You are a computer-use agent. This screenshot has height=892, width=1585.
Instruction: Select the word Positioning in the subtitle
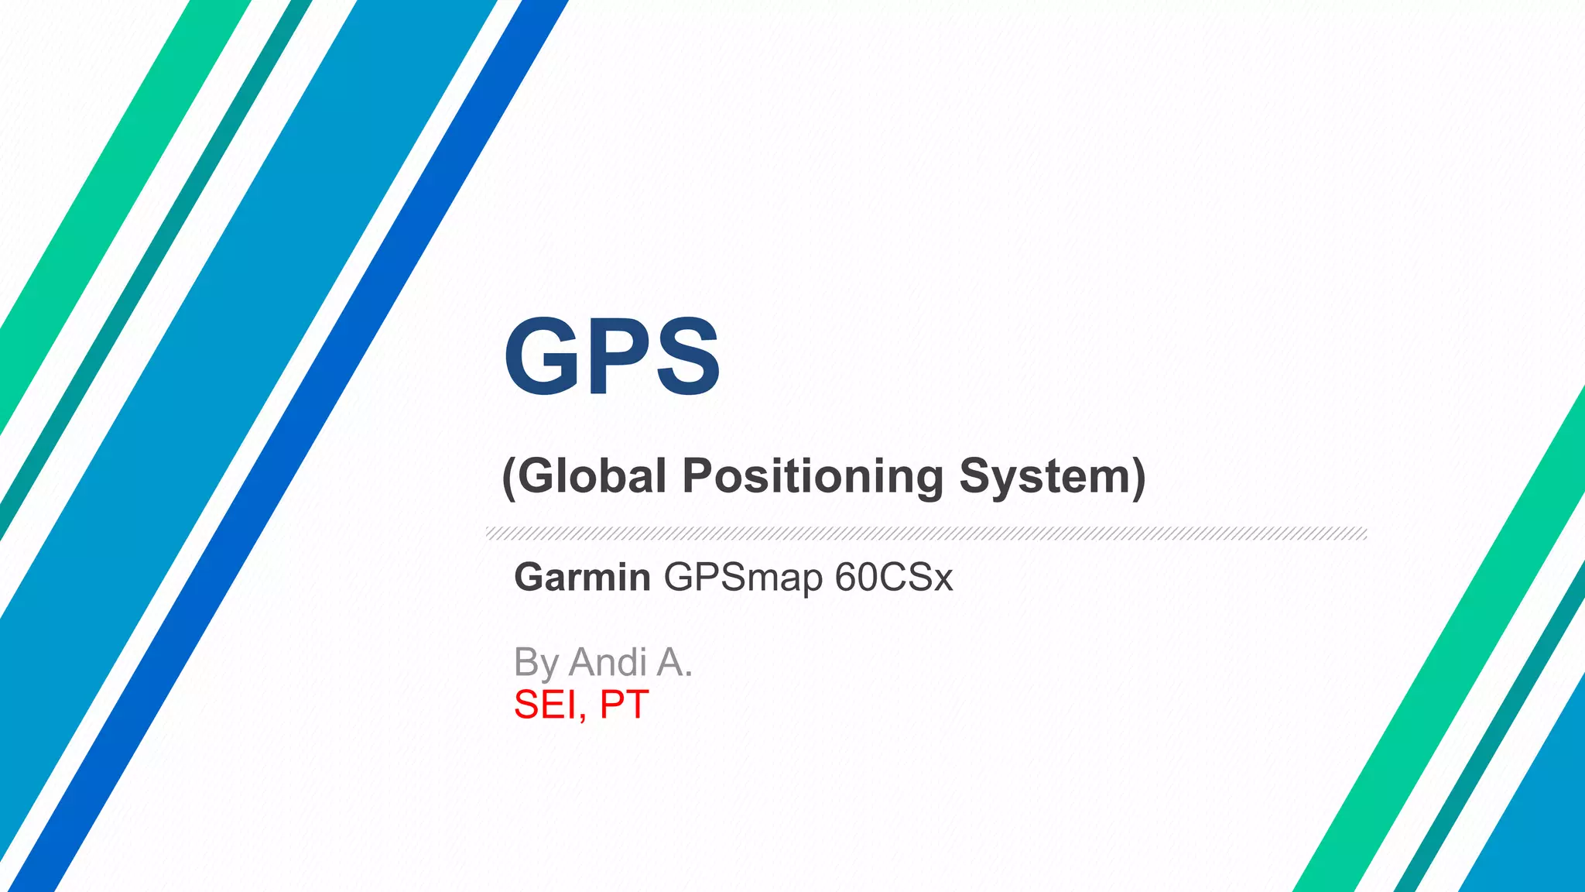click(x=813, y=475)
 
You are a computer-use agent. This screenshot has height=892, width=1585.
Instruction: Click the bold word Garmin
click(x=582, y=578)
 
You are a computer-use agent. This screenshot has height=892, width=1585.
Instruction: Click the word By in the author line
click(x=536, y=664)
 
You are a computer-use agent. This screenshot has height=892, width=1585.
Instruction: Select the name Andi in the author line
click(x=608, y=662)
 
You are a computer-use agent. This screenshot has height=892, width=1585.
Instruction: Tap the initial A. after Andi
click(x=674, y=662)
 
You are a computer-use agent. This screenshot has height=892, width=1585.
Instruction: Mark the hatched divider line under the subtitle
click(x=926, y=533)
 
